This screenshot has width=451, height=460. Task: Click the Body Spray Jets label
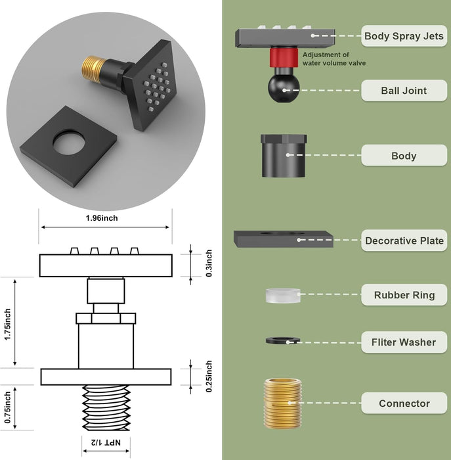tap(404, 36)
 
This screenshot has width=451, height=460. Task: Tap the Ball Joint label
tap(404, 91)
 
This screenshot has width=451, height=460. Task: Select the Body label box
tap(404, 156)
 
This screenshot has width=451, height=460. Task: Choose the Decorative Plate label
tap(404, 241)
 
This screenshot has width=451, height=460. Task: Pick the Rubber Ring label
tap(404, 295)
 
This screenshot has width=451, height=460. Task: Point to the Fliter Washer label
tap(404, 342)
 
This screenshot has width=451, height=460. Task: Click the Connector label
tap(404, 403)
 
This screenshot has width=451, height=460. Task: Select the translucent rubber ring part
tap(283, 295)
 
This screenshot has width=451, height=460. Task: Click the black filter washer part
tap(283, 341)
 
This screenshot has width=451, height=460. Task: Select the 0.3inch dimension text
tap(209, 263)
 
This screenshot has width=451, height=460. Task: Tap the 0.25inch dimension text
tap(209, 377)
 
